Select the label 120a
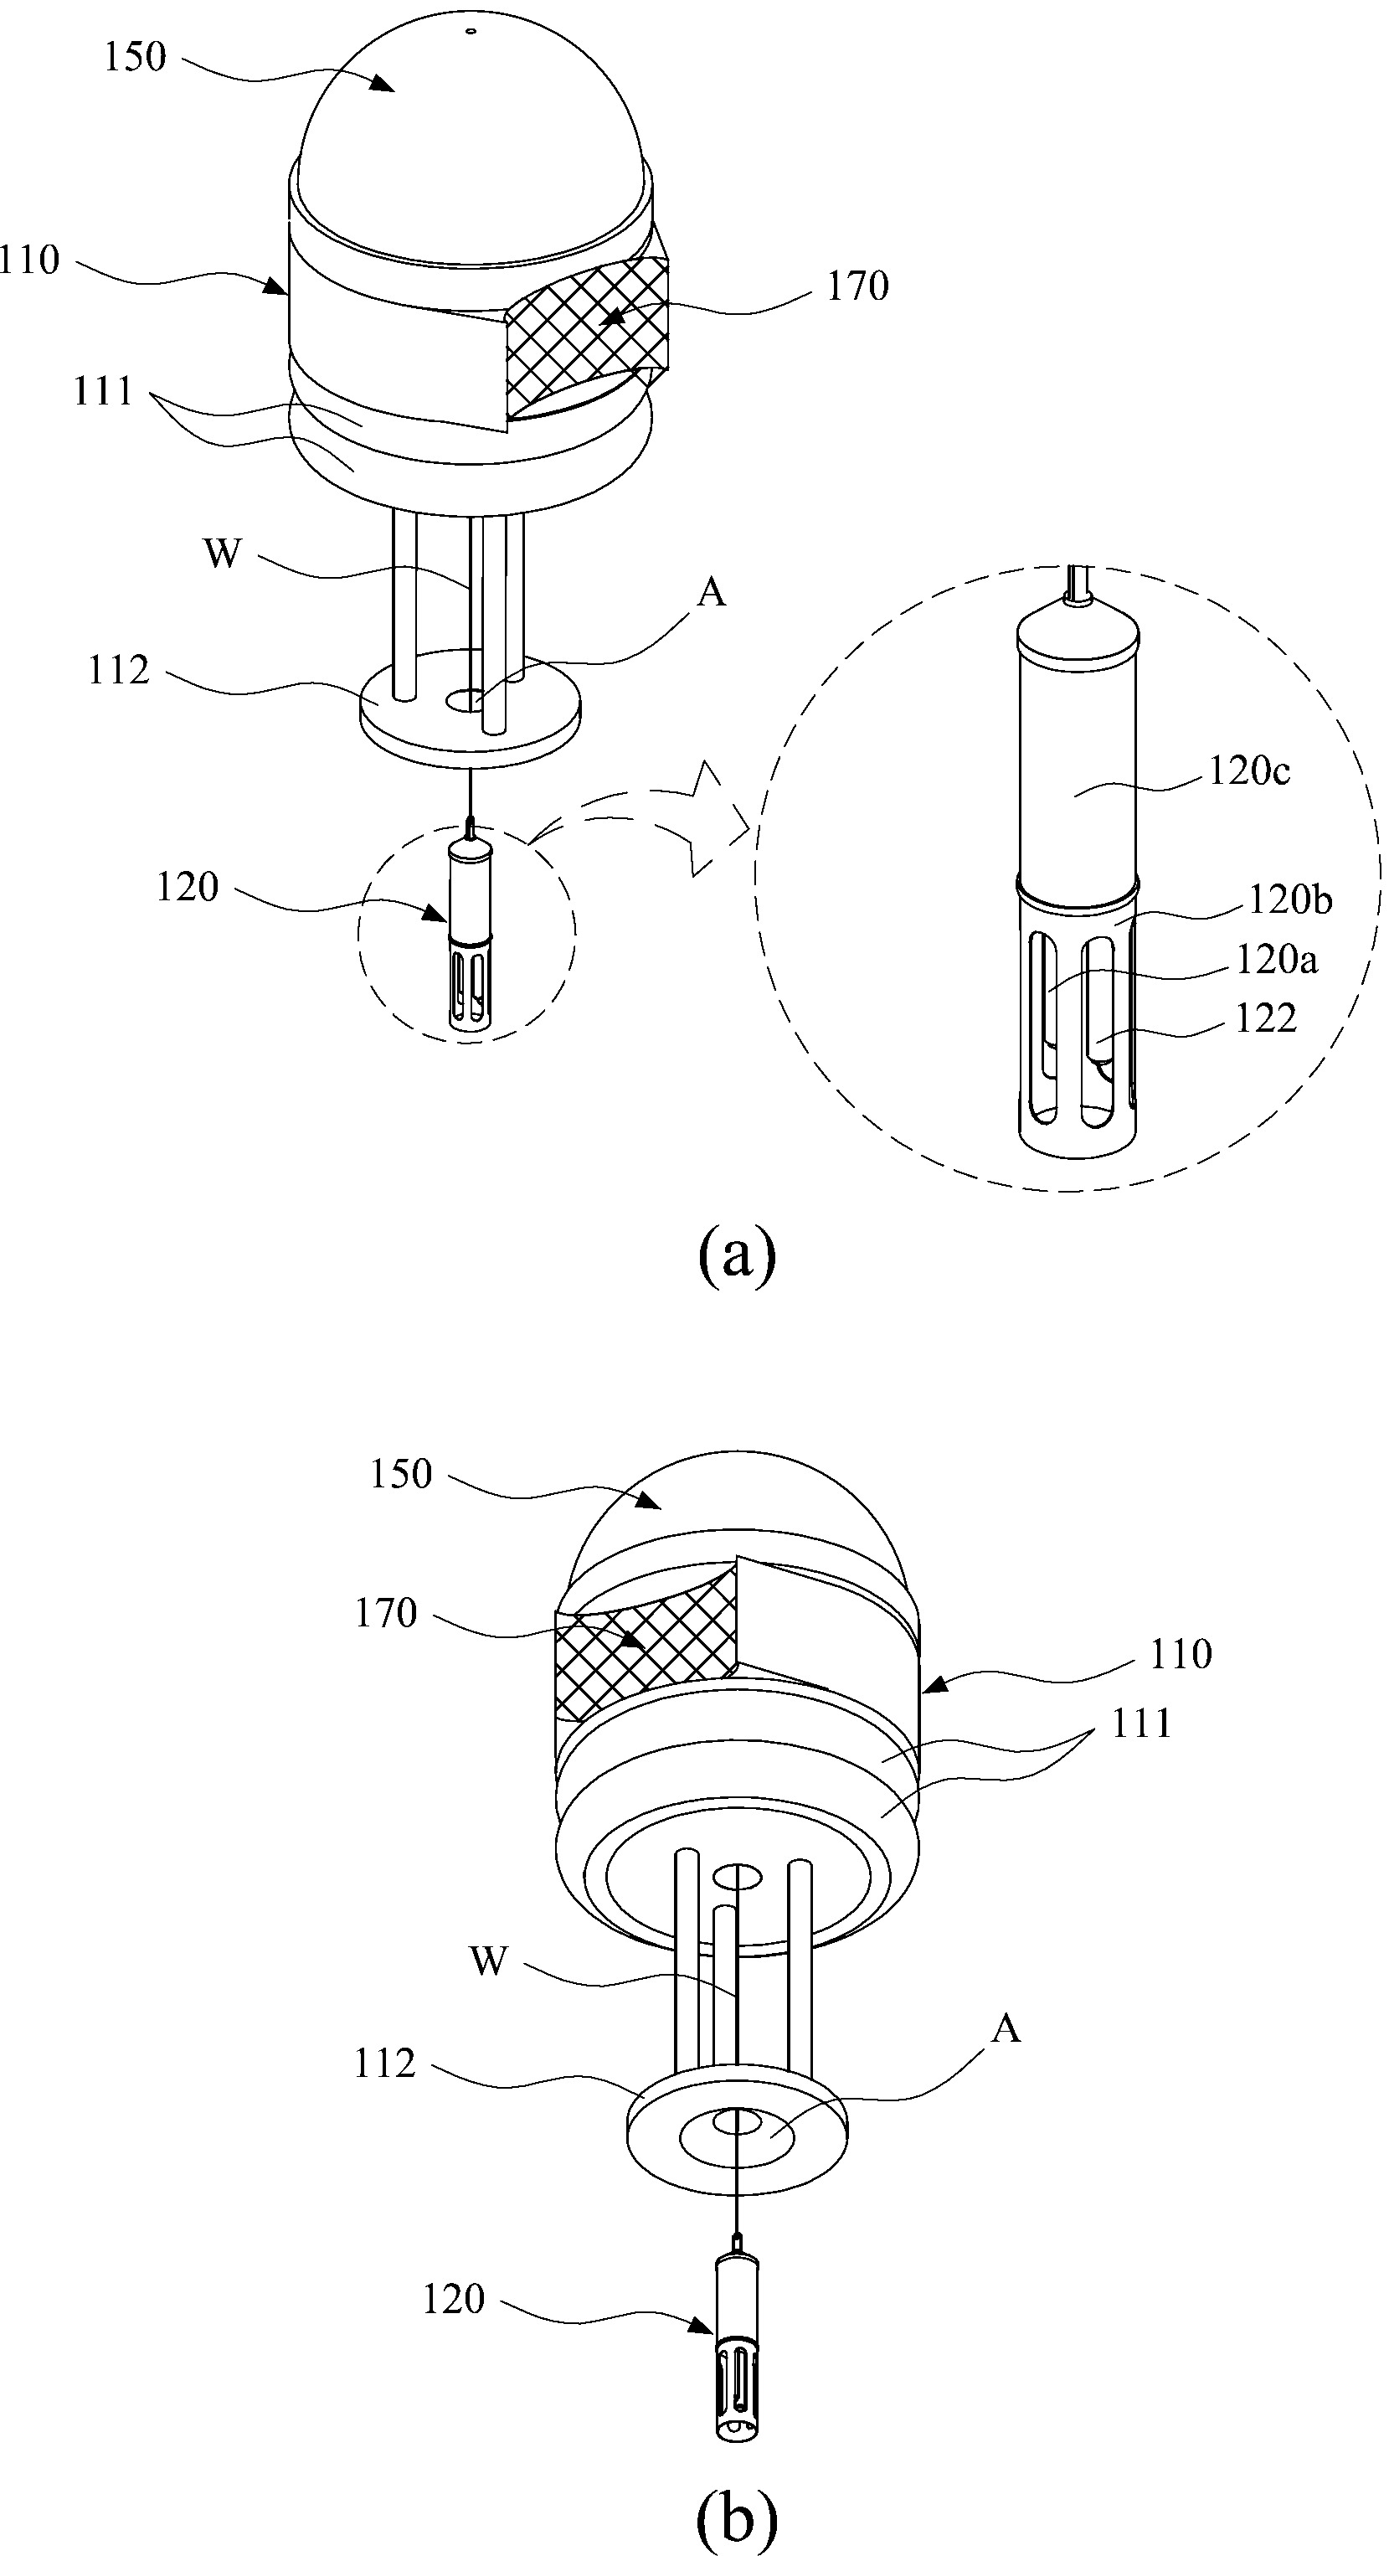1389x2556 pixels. [x=1277, y=960]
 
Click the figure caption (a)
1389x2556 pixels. [x=737, y=1255]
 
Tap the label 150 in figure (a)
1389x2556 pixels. [x=135, y=58]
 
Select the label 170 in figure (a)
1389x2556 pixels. [x=857, y=286]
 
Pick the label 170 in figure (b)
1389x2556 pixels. [x=386, y=1612]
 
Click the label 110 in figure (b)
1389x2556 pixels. [x=1181, y=1654]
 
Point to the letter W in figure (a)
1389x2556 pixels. [x=222, y=553]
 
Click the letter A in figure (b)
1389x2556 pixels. [x=1006, y=2030]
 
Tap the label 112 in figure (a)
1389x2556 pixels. [x=118, y=671]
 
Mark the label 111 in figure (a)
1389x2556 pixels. [x=103, y=392]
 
